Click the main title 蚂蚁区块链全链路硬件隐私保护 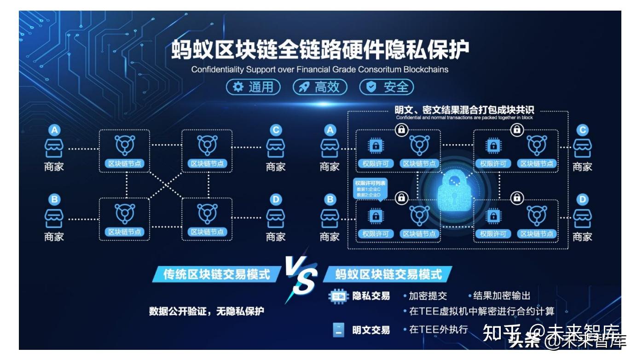point(320,50)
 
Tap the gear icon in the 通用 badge point(238,87)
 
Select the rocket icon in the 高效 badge point(304,87)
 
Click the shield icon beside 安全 point(371,87)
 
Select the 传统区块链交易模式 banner point(216,275)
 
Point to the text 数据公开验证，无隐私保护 point(207,311)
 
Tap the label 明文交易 point(371,330)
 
